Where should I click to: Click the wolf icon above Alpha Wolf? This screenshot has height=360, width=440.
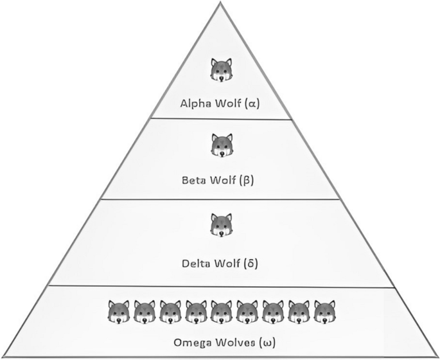point(221,69)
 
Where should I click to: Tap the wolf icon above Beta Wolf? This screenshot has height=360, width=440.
point(221,146)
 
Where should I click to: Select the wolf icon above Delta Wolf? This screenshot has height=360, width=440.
point(221,226)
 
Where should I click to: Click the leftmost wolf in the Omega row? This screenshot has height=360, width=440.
point(119,312)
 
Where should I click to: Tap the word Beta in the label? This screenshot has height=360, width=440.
point(194,180)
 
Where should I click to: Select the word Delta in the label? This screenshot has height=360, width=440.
point(195,263)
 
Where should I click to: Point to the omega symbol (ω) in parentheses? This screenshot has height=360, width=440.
point(267,342)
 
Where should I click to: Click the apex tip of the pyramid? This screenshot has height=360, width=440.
point(221,2)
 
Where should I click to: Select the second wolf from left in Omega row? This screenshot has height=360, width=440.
point(145,312)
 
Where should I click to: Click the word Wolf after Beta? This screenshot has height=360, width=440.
point(224,180)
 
